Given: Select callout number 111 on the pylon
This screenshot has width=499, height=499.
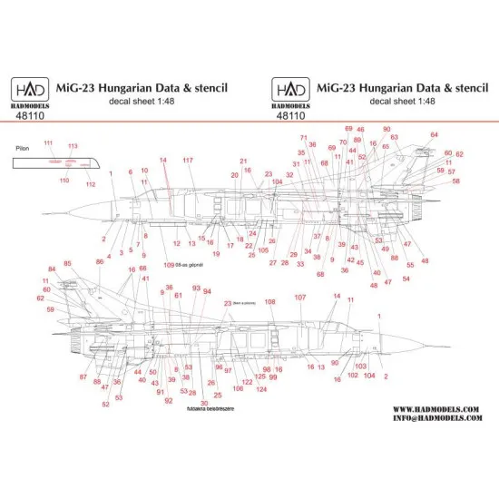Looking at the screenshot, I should [48, 144].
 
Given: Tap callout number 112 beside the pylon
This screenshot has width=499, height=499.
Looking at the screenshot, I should [91, 184].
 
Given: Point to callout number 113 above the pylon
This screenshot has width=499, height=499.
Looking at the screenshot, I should [73, 146].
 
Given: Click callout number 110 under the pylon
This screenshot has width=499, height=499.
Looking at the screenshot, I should [64, 181].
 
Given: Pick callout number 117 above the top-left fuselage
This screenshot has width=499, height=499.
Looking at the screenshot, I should [188, 161].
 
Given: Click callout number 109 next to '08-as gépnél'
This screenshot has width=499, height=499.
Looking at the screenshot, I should [169, 264].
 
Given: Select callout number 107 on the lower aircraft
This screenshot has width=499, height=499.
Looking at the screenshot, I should [300, 298].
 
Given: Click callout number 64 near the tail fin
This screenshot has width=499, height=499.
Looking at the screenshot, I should [435, 135].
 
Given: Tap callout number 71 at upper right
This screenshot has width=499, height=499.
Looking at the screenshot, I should [304, 138].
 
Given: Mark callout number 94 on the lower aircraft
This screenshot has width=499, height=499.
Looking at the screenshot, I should [208, 291].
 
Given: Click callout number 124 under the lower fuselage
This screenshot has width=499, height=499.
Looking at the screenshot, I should [261, 389].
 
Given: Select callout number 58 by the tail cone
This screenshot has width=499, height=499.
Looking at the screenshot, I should [455, 181].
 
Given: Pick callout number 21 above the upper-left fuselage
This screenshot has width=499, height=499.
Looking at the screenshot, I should [243, 161].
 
